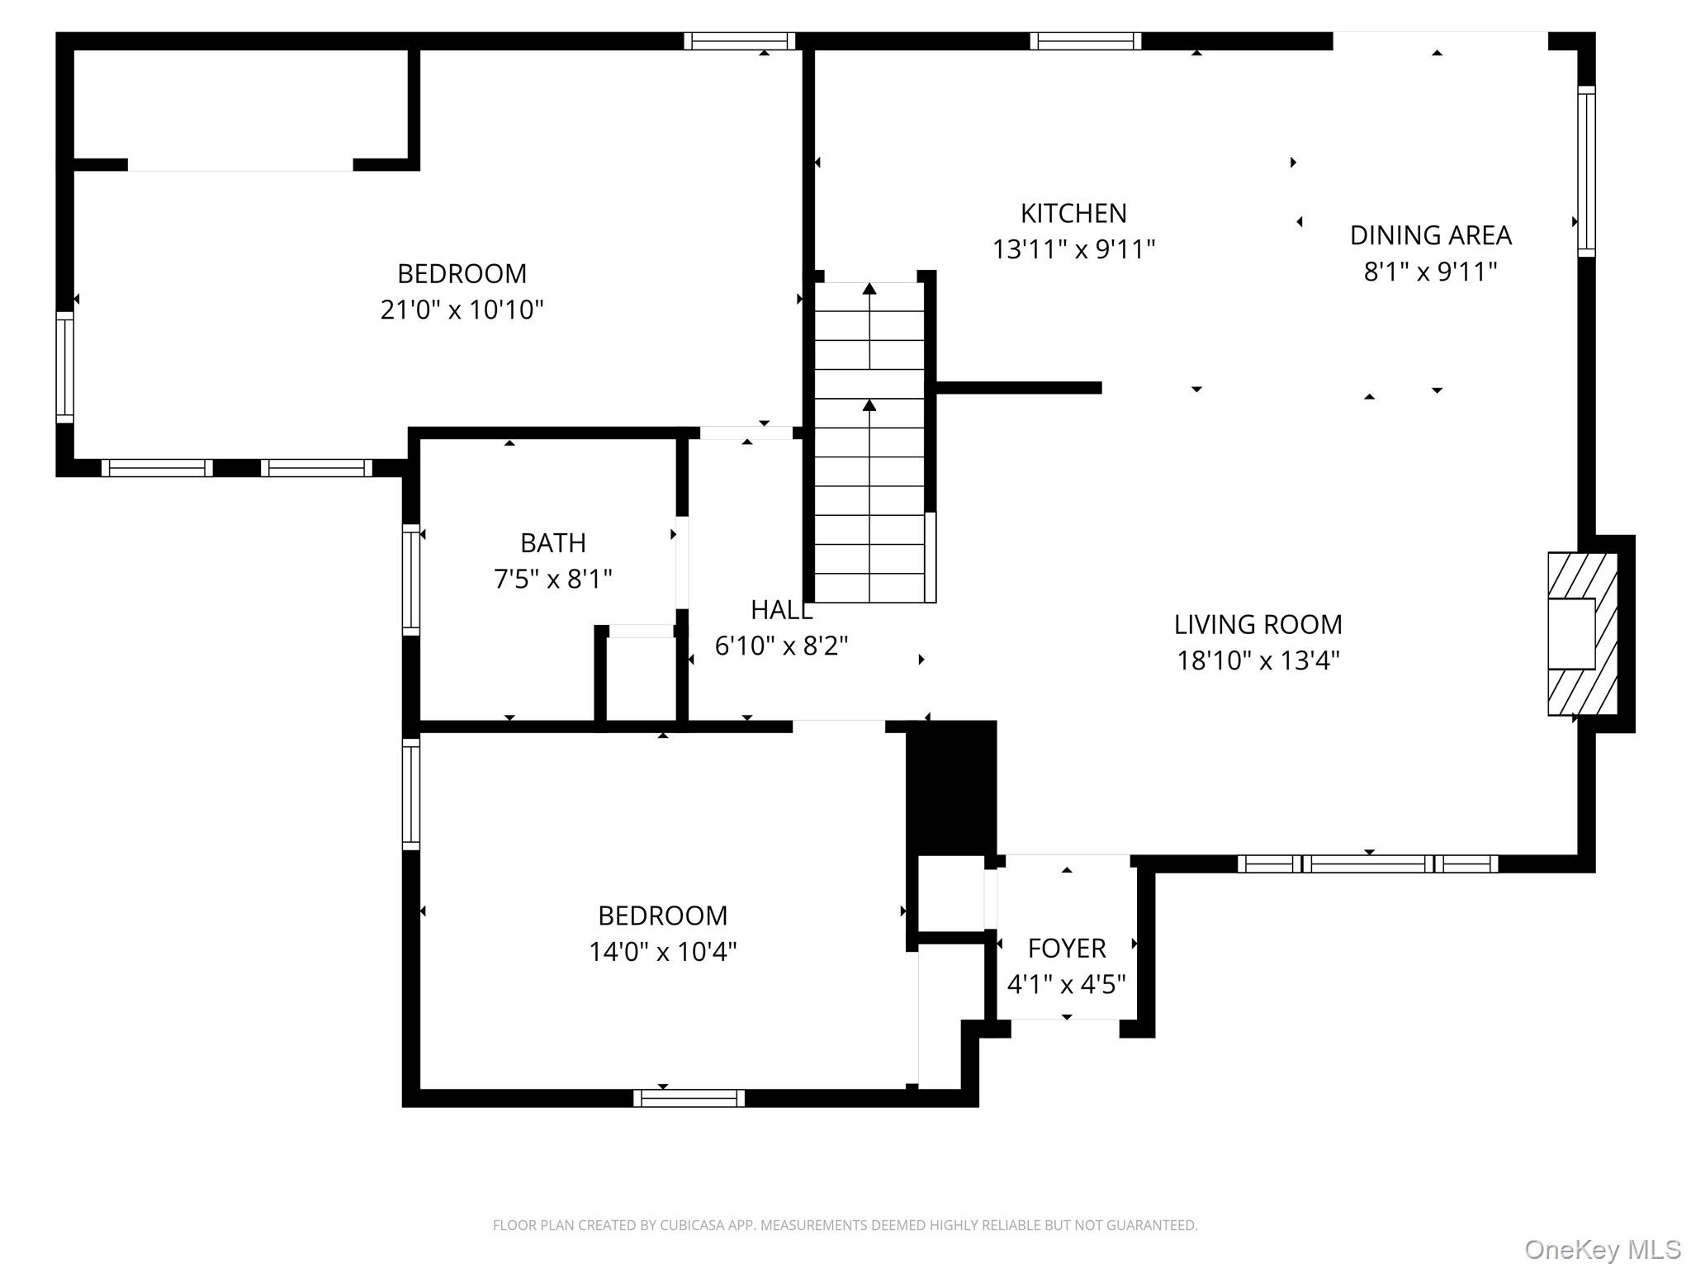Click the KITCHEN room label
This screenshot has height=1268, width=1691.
tap(1073, 214)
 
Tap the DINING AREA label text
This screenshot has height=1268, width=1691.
tap(1430, 235)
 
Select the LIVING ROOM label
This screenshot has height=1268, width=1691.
tap(1258, 624)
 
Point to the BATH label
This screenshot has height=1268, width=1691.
tap(553, 542)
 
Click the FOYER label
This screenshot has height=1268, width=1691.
tap(1067, 949)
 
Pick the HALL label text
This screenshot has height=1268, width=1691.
tap(781, 610)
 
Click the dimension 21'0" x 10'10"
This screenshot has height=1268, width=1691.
tap(462, 310)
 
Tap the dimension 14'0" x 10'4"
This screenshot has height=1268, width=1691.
tap(662, 952)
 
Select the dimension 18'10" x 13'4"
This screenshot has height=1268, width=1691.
tap(1258, 660)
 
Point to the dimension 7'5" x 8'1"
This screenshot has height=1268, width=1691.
tap(553, 579)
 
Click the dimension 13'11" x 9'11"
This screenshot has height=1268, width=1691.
tap(1073, 249)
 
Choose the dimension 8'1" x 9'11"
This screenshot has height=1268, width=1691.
tap(1430, 271)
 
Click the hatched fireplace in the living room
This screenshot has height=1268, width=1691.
tap(1582, 634)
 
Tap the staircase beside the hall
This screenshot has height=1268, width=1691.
tap(869, 442)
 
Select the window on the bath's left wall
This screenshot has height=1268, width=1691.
tap(411, 580)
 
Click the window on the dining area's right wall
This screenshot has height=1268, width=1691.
tap(1586, 171)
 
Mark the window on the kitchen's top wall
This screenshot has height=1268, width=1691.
tap(1085, 40)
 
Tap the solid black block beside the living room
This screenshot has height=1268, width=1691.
tap(952, 788)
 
